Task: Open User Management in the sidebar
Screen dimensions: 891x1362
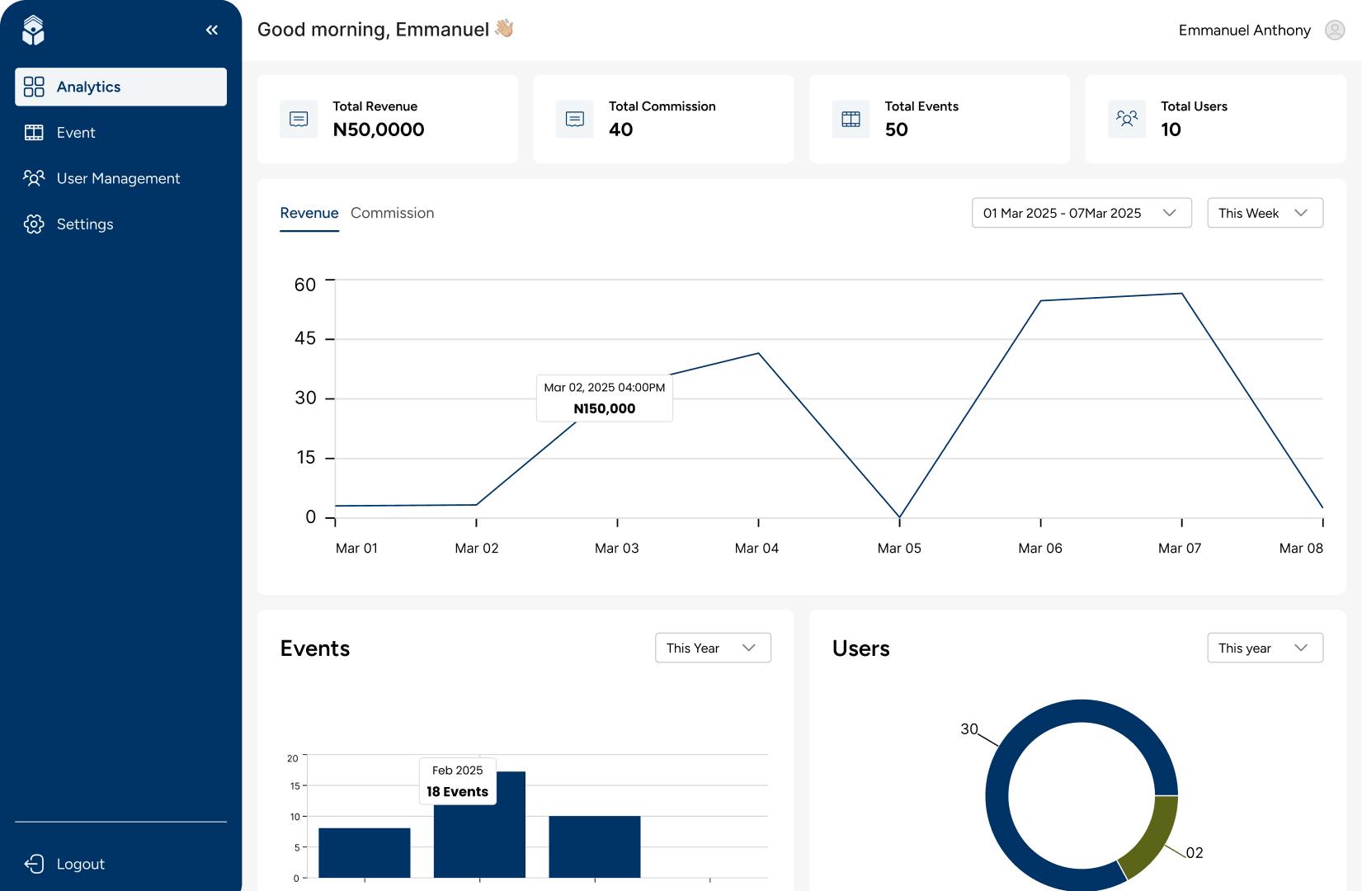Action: click(x=118, y=178)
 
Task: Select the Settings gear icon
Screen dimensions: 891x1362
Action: click(x=34, y=224)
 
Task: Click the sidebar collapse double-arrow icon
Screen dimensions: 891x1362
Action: click(x=212, y=30)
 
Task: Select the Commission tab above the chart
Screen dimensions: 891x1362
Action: click(x=392, y=213)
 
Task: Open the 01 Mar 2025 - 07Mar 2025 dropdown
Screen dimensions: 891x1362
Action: click(x=1081, y=213)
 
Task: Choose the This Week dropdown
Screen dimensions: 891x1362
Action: click(x=1264, y=213)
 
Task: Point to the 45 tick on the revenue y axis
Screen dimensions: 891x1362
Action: click(x=305, y=338)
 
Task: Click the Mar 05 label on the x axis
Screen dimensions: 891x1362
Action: click(x=898, y=548)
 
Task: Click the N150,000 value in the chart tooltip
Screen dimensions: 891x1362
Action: click(x=604, y=408)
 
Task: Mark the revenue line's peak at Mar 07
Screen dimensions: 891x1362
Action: click(x=1181, y=294)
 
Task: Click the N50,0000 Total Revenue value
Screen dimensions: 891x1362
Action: click(x=379, y=130)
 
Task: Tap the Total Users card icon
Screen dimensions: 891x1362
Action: click(x=1126, y=119)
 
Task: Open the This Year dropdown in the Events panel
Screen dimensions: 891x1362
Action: click(x=713, y=648)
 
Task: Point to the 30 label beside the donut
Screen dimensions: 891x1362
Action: click(x=968, y=728)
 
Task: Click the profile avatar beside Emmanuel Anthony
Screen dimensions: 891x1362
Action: click(x=1334, y=31)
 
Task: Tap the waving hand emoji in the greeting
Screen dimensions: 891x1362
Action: click(x=504, y=29)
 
